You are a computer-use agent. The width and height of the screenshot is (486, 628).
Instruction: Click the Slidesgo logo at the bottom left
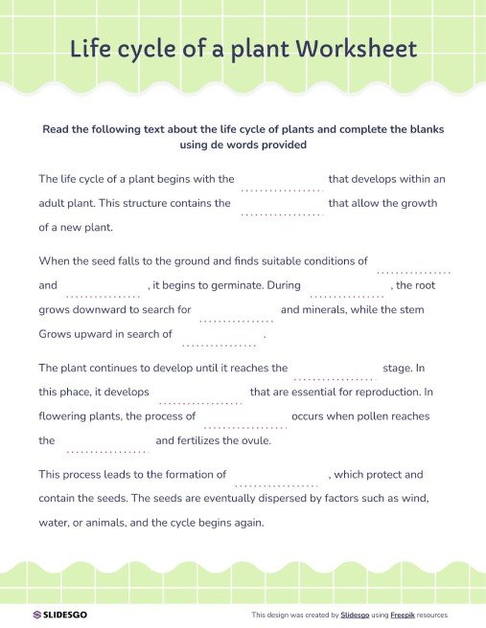coord(59,615)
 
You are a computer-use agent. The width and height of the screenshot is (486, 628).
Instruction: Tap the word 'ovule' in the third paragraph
coord(253,441)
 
